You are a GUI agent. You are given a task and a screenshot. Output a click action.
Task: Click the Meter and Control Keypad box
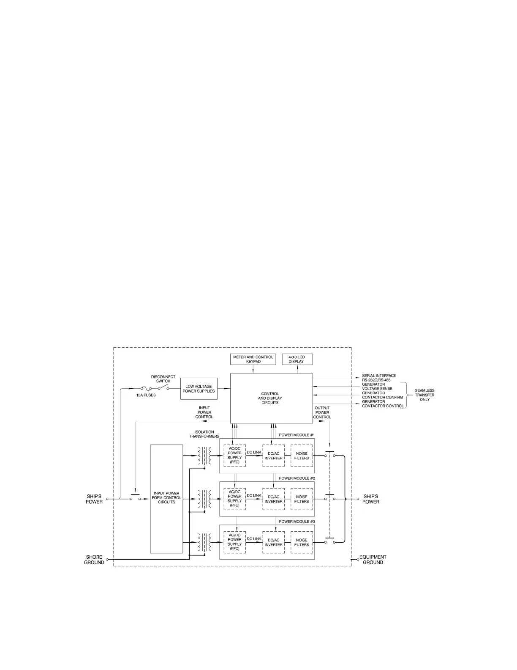253,359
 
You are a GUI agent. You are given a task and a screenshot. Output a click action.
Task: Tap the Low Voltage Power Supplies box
199,389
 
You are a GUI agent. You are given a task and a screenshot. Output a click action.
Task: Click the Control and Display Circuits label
270,398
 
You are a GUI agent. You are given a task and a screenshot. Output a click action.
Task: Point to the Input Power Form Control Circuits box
166,498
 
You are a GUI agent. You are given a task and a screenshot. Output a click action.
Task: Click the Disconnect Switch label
163,379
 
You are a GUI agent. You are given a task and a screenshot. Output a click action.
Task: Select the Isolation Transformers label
204,434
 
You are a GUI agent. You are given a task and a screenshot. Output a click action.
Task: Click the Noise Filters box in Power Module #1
302,456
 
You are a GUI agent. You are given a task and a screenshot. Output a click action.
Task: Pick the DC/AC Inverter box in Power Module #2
273,499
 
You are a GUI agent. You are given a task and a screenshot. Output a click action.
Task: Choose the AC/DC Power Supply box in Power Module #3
234,542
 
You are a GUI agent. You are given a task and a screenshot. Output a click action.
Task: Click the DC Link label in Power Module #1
254,452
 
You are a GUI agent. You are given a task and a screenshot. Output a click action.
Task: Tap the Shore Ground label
94,560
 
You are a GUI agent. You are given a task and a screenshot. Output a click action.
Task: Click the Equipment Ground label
373,560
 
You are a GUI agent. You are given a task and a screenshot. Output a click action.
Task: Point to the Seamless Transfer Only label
424,395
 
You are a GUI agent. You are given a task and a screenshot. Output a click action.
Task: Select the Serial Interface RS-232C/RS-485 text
379,378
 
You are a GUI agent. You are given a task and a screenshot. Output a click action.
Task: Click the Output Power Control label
322,412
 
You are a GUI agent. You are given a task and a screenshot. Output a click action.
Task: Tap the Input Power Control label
204,412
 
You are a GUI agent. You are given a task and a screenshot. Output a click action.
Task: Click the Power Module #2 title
297,478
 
